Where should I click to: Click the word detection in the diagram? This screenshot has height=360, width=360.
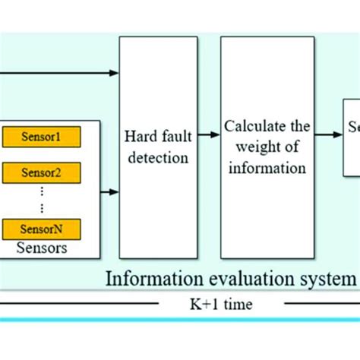tap(156, 158)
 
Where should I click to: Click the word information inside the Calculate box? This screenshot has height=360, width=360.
tap(266, 167)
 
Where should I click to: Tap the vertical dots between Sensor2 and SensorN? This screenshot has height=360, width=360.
tap(41, 200)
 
